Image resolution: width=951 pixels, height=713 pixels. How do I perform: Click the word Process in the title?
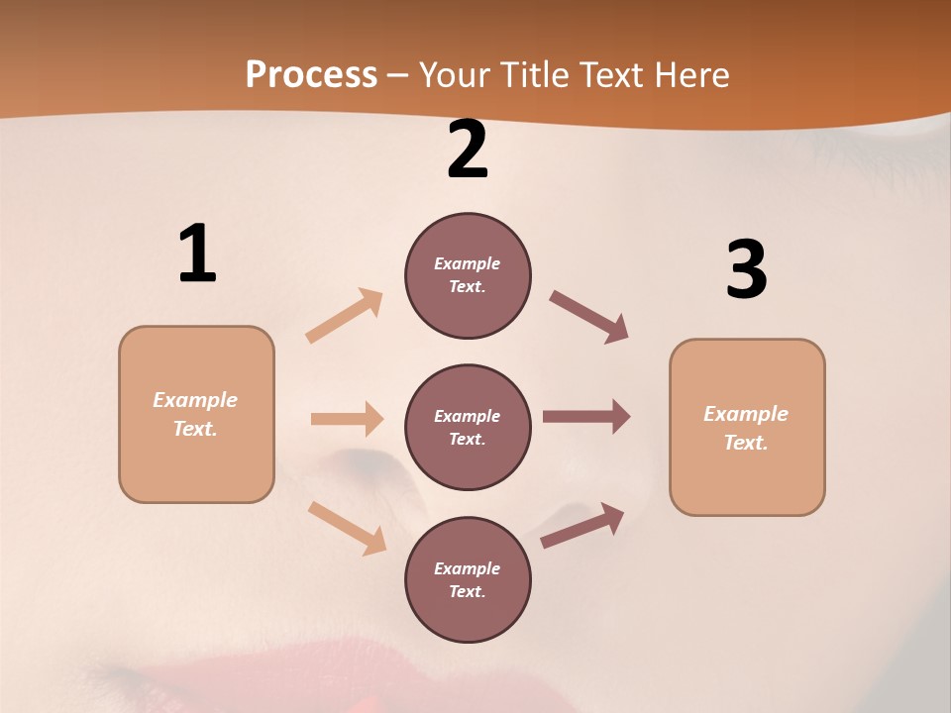tap(311, 75)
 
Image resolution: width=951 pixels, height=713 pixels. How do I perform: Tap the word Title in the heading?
tap(537, 75)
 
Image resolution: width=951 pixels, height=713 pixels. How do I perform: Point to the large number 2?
tap(468, 150)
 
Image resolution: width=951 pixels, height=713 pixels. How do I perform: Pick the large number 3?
tap(746, 269)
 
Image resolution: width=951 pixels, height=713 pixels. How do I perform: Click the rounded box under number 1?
tap(196, 414)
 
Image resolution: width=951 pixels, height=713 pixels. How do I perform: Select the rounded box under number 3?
tap(747, 427)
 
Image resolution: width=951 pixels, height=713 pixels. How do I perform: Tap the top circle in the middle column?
tap(468, 275)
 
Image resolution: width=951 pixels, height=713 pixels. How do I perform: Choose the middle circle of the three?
tap(468, 427)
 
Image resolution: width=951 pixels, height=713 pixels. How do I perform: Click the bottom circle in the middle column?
tap(468, 579)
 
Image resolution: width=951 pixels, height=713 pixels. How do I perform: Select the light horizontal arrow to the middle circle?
tap(347, 419)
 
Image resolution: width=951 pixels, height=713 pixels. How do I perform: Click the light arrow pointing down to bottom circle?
tap(348, 528)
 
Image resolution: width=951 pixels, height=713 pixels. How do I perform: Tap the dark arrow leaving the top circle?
tap(589, 317)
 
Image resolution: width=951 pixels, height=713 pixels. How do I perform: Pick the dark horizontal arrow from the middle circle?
tap(586, 416)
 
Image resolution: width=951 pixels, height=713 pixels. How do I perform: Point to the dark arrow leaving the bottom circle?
tap(582, 525)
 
